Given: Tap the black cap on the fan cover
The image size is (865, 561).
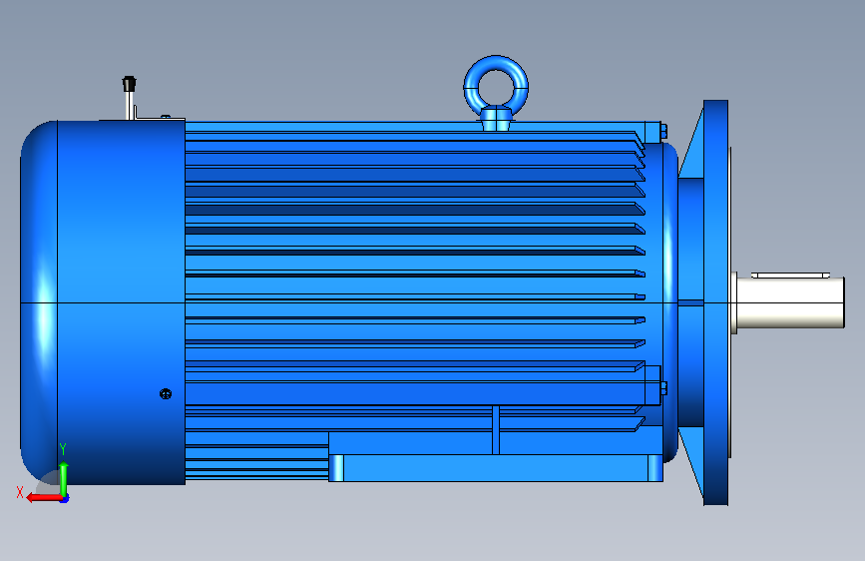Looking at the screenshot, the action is pos(129,84).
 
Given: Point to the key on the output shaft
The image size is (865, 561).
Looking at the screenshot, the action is pos(790,275).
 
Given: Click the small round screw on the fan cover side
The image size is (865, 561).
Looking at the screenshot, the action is pos(166,393).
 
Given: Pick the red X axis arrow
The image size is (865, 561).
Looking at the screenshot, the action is pos(44,497).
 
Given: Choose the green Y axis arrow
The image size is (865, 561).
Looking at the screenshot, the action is pos(64,479).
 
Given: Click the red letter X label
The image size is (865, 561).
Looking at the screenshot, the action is pos(20,492).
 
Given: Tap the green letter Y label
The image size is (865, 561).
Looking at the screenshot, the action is pos(63,448).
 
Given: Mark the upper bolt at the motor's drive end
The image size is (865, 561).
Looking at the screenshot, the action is pos(663,131).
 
